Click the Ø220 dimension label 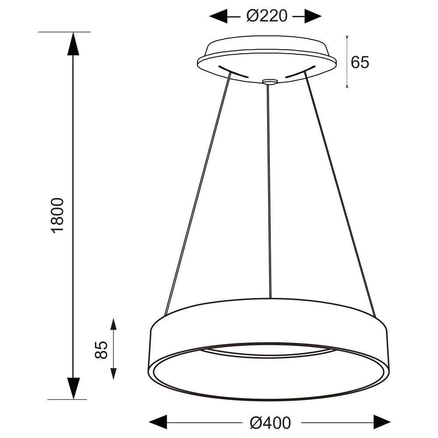266,16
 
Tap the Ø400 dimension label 270,423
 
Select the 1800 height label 58,215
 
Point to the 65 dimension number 360,63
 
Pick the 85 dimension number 101,350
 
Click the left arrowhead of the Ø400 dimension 158,423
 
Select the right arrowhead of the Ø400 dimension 381,423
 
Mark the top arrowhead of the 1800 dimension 73,43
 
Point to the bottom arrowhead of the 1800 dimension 73,388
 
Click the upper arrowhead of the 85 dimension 113,325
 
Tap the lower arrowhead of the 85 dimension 113,374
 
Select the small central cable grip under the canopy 269,82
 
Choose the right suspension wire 339,193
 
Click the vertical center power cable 269,188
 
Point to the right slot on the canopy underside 300,72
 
